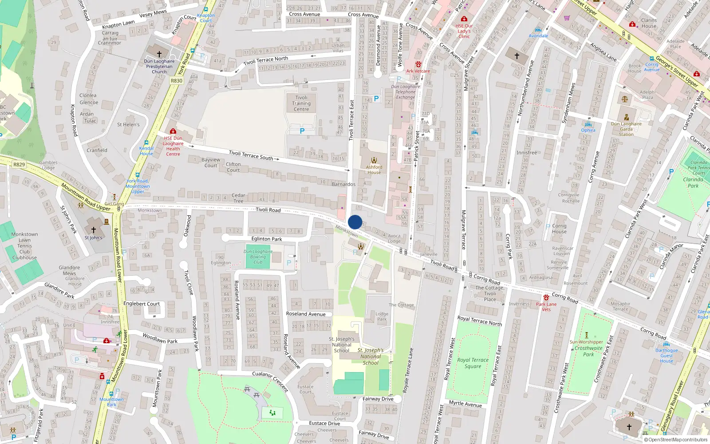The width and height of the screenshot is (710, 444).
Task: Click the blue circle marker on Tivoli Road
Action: [355, 222]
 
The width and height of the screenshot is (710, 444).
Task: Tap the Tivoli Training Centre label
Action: [301, 103]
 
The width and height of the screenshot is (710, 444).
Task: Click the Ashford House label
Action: [374, 170]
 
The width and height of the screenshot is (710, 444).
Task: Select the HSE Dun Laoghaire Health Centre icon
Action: [173, 131]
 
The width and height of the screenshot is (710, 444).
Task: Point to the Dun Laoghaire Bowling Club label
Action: [258, 257]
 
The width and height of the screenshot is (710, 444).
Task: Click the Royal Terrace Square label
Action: [473, 363]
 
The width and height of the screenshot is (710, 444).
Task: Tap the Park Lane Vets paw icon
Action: [546, 297]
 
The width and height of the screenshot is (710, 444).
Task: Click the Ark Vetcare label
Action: [418, 71]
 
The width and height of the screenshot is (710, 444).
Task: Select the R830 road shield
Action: [177, 81]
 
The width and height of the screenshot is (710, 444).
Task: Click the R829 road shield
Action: [19, 165]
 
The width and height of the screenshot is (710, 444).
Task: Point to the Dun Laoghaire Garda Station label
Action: [626, 129]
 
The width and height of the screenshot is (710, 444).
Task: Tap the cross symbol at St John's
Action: [93, 230]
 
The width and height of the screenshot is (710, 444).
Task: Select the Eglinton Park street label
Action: [267, 239]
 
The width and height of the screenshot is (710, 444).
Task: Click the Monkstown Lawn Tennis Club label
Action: [24, 246]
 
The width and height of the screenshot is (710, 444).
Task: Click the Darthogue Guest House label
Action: [667, 356]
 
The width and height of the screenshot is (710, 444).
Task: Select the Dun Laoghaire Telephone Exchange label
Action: [406, 92]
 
